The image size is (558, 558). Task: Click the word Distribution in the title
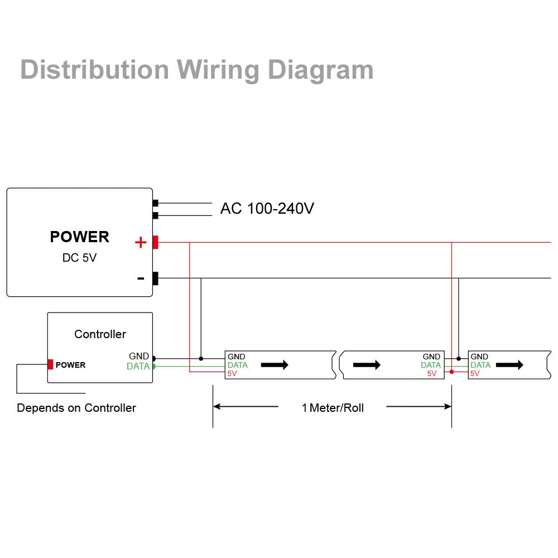click(94, 70)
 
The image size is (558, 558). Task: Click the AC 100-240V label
click(267, 209)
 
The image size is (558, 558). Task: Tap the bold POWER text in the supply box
click(80, 237)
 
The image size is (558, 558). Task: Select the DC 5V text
click(79, 258)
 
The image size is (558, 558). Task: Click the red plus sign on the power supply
click(141, 242)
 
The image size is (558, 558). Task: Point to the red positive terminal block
click(155, 242)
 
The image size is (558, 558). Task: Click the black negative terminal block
click(155, 278)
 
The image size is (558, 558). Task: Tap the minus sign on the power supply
click(141, 278)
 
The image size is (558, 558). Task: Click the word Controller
click(100, 334)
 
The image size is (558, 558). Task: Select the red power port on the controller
click(50, 364)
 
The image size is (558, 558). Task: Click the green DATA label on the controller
click(138, 367)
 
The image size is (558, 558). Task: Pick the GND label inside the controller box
click(139, 356)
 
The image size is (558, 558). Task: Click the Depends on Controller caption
click(76, 408)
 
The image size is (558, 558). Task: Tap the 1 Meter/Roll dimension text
click(333, 408)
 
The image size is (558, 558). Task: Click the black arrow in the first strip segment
click(275, 365)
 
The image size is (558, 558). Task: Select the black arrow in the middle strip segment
click(367, 365)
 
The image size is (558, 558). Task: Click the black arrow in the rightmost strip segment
click(509, 365)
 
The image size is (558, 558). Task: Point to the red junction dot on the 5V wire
click(451, 372)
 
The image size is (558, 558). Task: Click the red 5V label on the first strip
click(232, 374)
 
